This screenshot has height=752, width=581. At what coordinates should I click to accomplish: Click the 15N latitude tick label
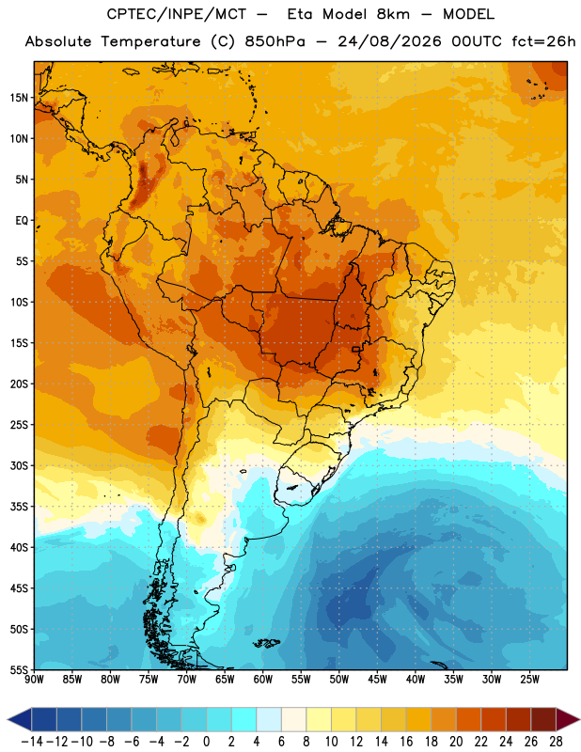[19, 98]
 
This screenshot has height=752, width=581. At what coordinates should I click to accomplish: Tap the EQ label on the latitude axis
[22, 221]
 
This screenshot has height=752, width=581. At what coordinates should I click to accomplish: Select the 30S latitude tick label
[19, 465]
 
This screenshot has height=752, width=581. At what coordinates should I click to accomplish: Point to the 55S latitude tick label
[19, 669]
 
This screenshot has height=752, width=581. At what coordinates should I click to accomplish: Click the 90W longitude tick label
[34, 680]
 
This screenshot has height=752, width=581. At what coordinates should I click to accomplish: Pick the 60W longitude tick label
[263, 680]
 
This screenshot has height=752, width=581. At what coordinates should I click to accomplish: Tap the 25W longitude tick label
[529, 680]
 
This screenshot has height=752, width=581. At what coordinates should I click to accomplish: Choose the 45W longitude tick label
[377, 680]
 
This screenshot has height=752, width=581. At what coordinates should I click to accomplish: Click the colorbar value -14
[32, 742]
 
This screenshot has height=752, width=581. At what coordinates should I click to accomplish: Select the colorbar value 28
[556, 742]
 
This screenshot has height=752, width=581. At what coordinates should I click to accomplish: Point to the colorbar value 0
[206, 742]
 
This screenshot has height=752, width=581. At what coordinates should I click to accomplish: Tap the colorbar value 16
[406, 742]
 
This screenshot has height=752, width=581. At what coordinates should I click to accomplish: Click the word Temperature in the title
[150, 41]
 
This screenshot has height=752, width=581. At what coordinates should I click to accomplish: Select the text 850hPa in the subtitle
[275, 41]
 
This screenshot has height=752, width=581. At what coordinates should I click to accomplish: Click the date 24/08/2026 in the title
[389, 41]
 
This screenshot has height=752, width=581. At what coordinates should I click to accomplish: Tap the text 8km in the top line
[393, 14]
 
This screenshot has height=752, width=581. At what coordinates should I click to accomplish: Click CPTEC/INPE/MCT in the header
[176, 14]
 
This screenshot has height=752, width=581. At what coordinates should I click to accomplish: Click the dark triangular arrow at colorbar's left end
[19, 719]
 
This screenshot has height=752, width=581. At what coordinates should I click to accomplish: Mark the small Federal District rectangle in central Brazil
[356, 349]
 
